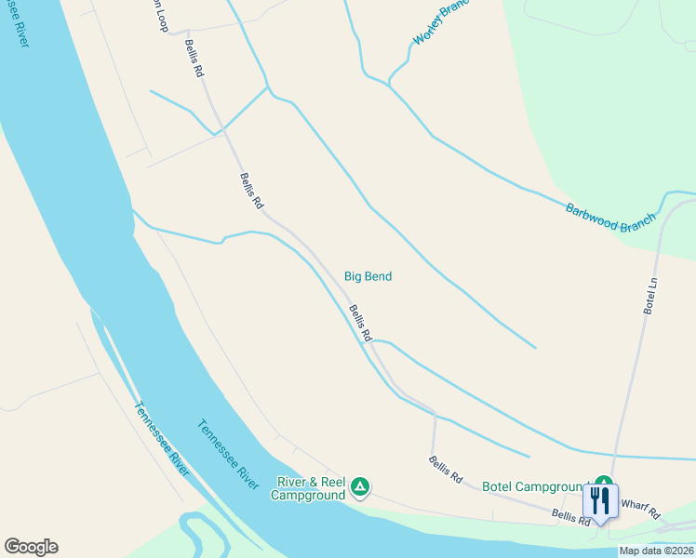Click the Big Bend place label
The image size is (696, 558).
pos(368,276)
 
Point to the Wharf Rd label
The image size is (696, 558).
pos(640,510)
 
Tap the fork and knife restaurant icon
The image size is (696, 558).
pos(599,501)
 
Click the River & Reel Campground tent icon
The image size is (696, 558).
pos(360,485)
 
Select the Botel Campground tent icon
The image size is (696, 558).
pos(603,481)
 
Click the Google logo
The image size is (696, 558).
pos(31,547)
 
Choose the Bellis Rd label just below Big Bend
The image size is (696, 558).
pos(360,323)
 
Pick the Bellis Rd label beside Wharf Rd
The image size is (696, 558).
pos(570,517)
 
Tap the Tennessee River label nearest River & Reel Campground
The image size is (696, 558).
pos(228,455)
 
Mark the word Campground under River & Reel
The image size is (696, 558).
pos(307,495)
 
